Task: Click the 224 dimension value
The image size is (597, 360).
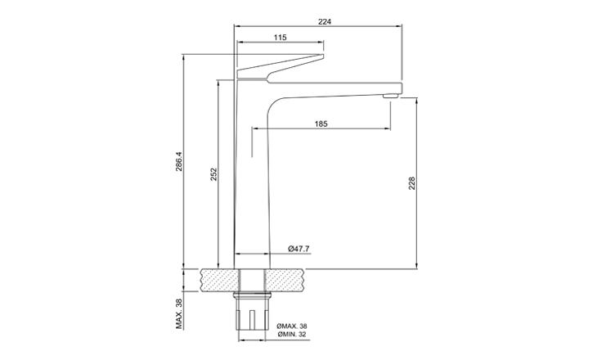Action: tap(325, 22)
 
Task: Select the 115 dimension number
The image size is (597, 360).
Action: tap(280, 38)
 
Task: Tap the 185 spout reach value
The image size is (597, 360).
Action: tap(321, 124)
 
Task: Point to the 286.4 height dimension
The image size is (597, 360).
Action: tap(179, 161)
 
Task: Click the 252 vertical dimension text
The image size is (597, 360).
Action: tap(213, 174)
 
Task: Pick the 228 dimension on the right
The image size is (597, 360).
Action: tap(411, 183)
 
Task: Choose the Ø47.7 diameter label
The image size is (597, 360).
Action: tap(298, 249)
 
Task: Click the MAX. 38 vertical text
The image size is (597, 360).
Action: tap(179, 313)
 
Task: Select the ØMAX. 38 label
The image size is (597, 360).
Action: tap(292, 326)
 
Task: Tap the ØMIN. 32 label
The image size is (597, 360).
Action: tap(292, 335)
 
